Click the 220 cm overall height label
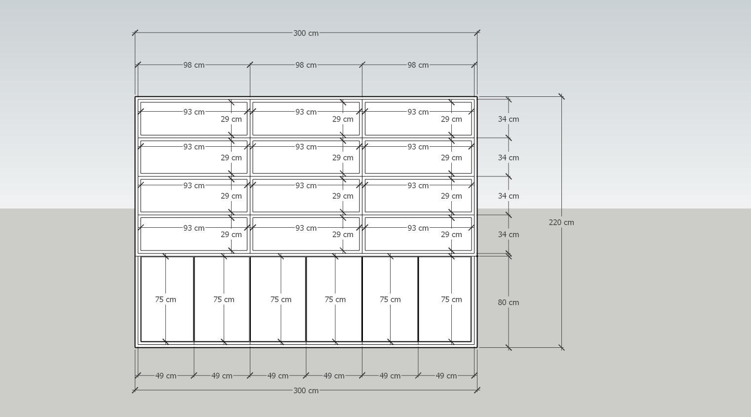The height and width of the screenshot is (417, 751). pyautogui.click(x=561, y=222)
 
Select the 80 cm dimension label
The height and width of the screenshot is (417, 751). pyautogui.click(x=508, y=302)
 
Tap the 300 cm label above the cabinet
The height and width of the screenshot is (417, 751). pyautogui.click(x=306, y=33)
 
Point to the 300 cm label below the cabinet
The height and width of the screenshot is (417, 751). pyautogui.click(x=306, y=390)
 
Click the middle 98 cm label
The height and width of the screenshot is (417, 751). pyautogui.click(x=306, y=65)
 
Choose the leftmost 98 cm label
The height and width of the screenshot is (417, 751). pyautogui.click(x=194, y=65)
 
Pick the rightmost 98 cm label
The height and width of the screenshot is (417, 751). pyautogui.click(x=418, y=65)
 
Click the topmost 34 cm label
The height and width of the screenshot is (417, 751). pyautogui.click(x=508, y=119)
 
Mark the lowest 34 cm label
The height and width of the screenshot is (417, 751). pyautogui.click(x=508, y=234)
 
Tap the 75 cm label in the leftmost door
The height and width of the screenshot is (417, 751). pyautogui.click(x=165, y=299)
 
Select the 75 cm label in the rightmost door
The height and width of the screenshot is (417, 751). pyautogui.click(x=451, y=299)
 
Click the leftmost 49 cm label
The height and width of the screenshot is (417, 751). pyautogui.click(x=165, y=375)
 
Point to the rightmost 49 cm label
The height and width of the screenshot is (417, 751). pyautogui.click(x=446, y=375)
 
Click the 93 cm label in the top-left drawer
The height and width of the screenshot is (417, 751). pyautogui.click(x=194, y=112)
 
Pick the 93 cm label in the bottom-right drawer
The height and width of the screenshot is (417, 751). pyautogui.click(x=418, y=228)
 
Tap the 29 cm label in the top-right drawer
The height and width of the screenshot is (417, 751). pyautogui.click(x=451, y=119)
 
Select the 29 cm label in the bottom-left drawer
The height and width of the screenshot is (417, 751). pyautogui.click(x=231, y=234)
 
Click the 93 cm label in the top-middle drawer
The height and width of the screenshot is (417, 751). pyautogui.click(x=306, y=112)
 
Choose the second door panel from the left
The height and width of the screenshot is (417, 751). pyautogui.click(x=207, y=321)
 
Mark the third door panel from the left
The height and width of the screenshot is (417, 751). pyautogui.click(x=267, y=321)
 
